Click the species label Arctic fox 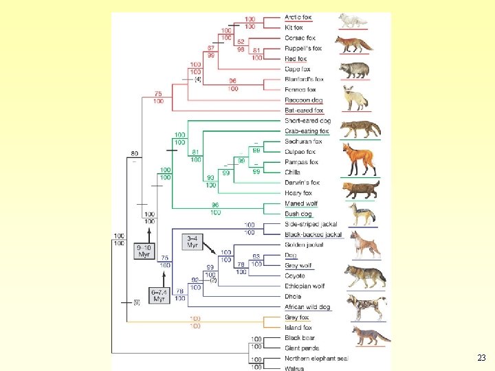[298, 17]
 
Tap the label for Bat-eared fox [303, 110]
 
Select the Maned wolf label [301, 203]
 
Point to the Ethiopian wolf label [305, 286]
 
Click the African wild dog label [307, 306]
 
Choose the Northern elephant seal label [316, 359]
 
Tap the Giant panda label [301, 348]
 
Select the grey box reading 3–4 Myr [192, 241]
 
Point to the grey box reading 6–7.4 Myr [159, 295]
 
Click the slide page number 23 [481, 357]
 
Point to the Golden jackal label [303, 245]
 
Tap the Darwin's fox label [302, 183]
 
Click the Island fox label [298, 328]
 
